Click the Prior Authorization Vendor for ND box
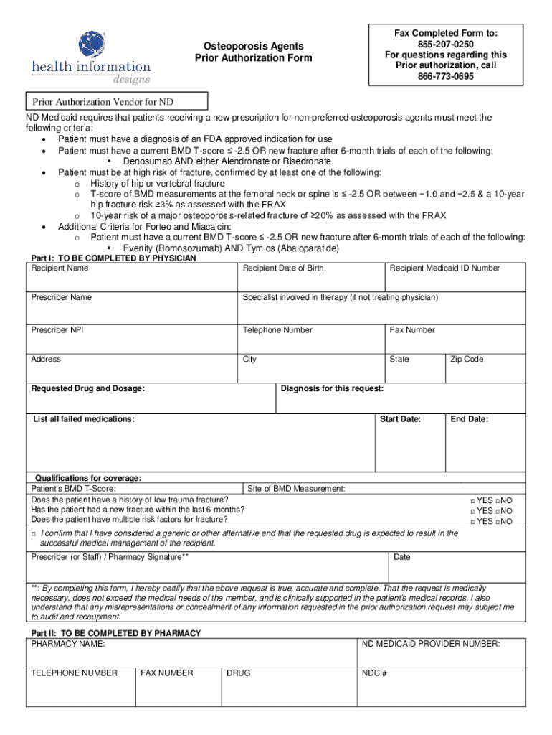(117, 102)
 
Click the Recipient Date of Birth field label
(283, 268)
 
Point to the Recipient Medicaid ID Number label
(444, 268)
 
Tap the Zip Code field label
(467, 360)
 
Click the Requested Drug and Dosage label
(87, 389)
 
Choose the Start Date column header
(400, 419)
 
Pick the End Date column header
(469, 419)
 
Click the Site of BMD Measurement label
(296, 489)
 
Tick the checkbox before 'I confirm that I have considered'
(34, 534)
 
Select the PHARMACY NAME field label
(68, 645)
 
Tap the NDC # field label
(375, 674)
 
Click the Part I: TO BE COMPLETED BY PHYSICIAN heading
(113, 258)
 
